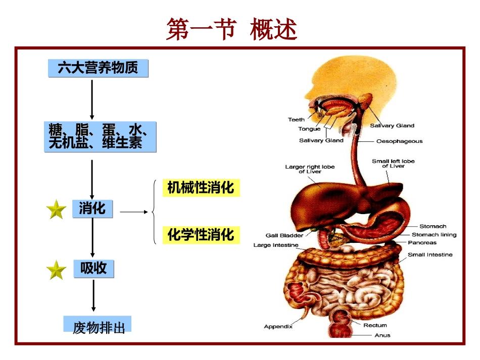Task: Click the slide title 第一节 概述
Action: pyautogui.click(x=231, y=29)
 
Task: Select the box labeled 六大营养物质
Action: pyautogui.click(x=98, y=68)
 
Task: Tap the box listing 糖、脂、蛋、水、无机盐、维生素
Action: pyautogui.click(x=100, y=137)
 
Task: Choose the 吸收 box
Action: pyautogui.click(x=93, y=268)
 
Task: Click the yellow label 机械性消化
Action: pyautogui.click(x=201, y=188)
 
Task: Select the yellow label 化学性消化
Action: pyautogui.click(x=201, y=235)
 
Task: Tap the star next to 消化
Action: pyautogui.click(x=56, y=209)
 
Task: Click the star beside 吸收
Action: pyautogui.click(x=56, y=270)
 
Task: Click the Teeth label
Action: pyautogui.click(x=297, y=120)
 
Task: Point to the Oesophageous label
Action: pyautogui.click(x=399, y=141)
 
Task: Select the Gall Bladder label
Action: pyautogui.click(x=284, y=235)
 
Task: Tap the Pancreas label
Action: pyautogui.click(x=422, y=243)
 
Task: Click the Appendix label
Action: pyautogui.click(x=278, y=327)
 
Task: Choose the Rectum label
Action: pyautogui.click(x=375, y=326)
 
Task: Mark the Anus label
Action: pyautogui.click(x=382, y=335)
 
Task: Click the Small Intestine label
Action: pyautogui.click(x=430, y=255)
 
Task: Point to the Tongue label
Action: pyautogui.click(x=309, y=129)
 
